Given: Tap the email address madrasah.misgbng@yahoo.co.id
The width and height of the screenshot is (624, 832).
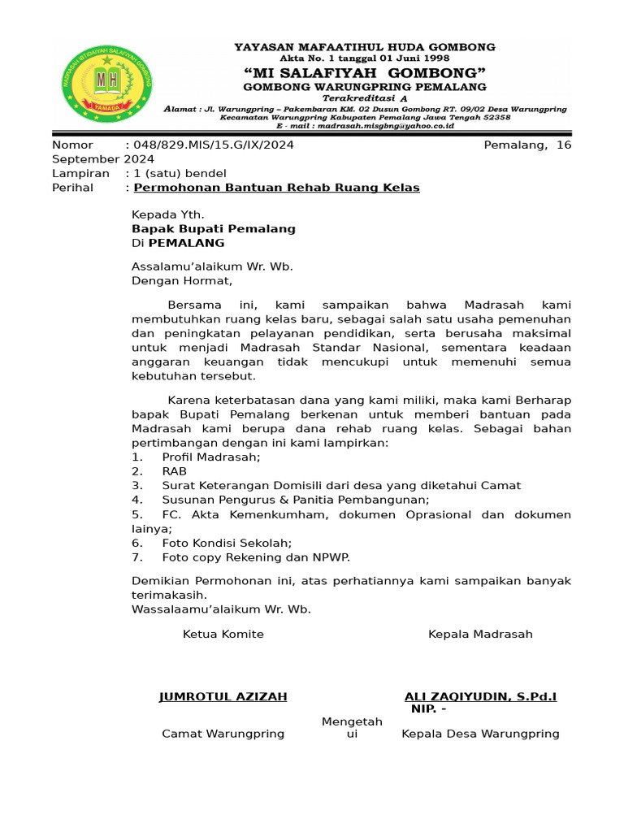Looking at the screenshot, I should pyautogui.click(x=365, y=127).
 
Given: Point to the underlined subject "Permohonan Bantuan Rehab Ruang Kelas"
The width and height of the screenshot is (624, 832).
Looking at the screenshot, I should pyautogui.click(x=276, y=188).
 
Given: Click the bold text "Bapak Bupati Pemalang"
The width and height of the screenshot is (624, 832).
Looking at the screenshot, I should pyautogui.click(x=214, y=229).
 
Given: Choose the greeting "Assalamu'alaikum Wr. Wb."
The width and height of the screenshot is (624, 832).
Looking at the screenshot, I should pyautogui.click(x=212, y=266).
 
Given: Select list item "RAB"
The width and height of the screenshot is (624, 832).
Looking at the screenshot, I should pyautogui.click(x=174, y=471).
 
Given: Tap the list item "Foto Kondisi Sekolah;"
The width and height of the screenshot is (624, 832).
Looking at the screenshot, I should pyautogui.click(x=227, y=543).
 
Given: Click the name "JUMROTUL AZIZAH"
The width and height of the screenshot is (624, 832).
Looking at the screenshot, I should pyautogui.click(x=223, y=697).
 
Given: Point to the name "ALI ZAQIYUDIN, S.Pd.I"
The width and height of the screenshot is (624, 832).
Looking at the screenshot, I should pyautogui.click(x=480, y=697).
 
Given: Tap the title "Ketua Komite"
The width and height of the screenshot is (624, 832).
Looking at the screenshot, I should pyautogui.click(x=223, y=634).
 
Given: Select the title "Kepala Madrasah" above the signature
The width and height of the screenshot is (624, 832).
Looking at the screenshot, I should pyautogui.click(x=480, y=634).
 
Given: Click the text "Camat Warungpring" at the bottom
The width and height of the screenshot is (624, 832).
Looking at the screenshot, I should pyautogui.click(x=223, y=734).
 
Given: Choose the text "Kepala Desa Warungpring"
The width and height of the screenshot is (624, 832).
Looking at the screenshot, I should pyautogui.click(x=480, y=734).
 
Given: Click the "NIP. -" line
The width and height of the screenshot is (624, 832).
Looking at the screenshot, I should pyautogui.click(x=428, y=709).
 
